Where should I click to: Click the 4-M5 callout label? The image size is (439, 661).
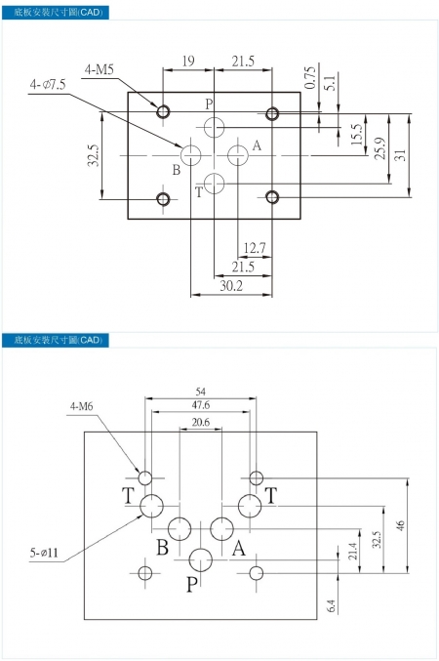[x=99, y=69]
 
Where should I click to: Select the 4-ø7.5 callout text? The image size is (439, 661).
[x=48, y=84]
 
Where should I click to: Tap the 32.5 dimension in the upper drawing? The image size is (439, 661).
[x=94, y=155]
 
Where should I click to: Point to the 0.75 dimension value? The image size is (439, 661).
[x=310, y=77]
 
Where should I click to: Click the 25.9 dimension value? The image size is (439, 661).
[x=380, y=148]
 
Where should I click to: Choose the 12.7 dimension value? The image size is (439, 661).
[x=255, y=248]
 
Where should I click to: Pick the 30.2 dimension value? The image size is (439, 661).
[x=231, y=286]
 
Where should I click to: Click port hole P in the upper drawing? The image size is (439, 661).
[x=214, y=127]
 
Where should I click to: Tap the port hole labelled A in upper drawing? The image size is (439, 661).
[x=238, y=155]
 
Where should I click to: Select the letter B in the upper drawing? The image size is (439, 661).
[x=177, y=170]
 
